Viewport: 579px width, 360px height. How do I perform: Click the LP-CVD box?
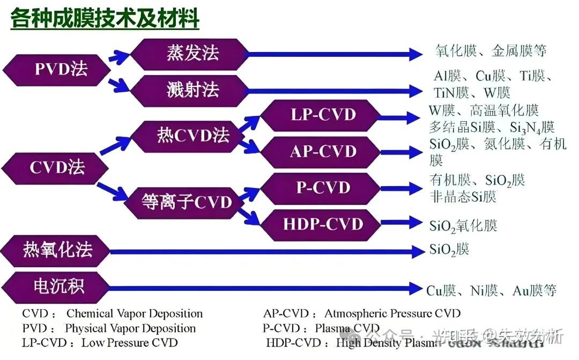pyautogui.click(x=323, y=115)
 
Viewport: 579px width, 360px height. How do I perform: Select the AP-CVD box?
pyautogui.click(x=323, y=151)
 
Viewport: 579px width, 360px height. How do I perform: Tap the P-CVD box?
pyautogui.click(x=323, y=188)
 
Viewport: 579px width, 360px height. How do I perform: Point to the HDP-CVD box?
pyautogui.click(x=323, y=224)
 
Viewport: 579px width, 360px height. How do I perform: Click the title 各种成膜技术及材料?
pyautogui.click(x=105, y=19)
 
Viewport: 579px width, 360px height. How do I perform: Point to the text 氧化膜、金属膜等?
pyautogui.click(x=491, y=52)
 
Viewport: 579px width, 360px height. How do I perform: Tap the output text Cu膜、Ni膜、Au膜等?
pyautogui.click(x=491, y=291)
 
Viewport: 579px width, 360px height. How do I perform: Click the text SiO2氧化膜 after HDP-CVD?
pyautogui.click(x=463, y=225)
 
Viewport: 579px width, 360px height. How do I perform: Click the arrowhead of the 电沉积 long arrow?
pyautogui.click(x=415, y=289)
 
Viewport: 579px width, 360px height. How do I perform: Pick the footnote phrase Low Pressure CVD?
pyautogui.click(x=129, y=342)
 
